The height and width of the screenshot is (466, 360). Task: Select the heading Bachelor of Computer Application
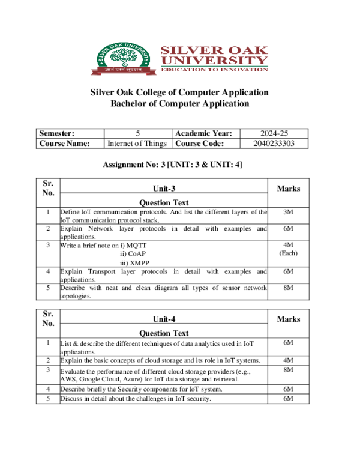click(179, 104)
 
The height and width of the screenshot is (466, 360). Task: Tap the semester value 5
click(138, 133)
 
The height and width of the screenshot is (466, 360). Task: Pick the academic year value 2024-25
click(274, 133)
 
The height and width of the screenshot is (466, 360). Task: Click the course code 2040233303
click(274, 144)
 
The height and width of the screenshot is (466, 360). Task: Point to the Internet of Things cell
click(138, 144)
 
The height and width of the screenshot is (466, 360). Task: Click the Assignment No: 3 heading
click(173, 165)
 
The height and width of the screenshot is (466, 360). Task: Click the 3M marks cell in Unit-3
click(288, 212)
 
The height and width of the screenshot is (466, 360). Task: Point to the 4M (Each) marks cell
click(288, 249)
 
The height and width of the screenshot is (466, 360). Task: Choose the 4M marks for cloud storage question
click(288, 360)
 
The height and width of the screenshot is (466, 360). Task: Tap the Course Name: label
click(64, 144)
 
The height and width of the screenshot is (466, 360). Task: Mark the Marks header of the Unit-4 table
click(288, 319)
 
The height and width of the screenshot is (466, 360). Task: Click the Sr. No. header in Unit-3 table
click(48, 188)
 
